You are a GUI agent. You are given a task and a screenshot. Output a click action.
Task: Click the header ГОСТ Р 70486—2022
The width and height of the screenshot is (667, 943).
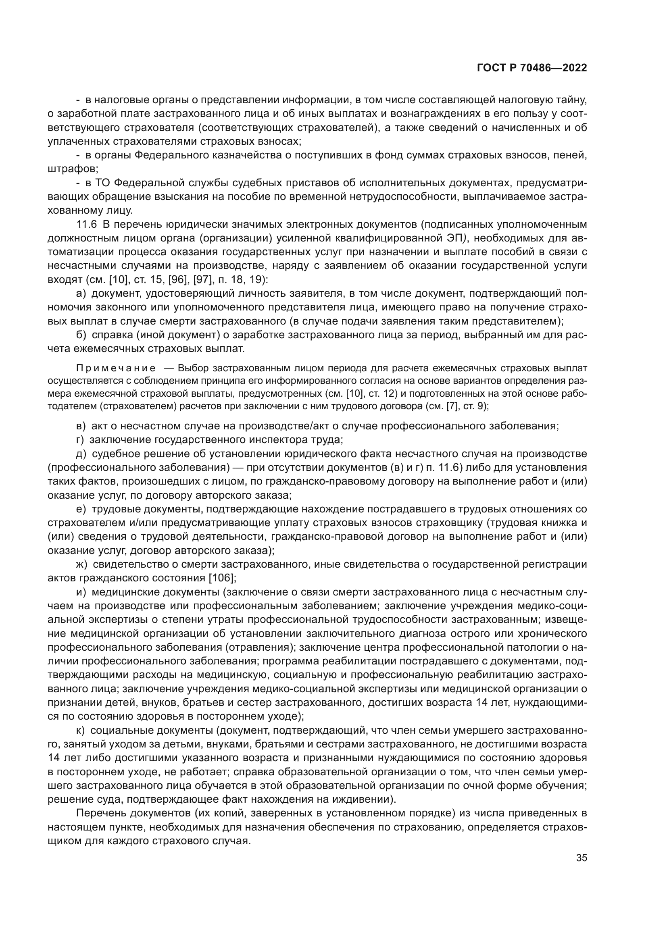(x=532, y=68)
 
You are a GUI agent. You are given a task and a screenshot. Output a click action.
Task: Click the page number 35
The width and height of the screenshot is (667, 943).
(x=582, y=858)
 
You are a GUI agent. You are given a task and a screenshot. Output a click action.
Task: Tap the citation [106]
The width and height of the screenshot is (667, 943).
(x=223, y=578)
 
